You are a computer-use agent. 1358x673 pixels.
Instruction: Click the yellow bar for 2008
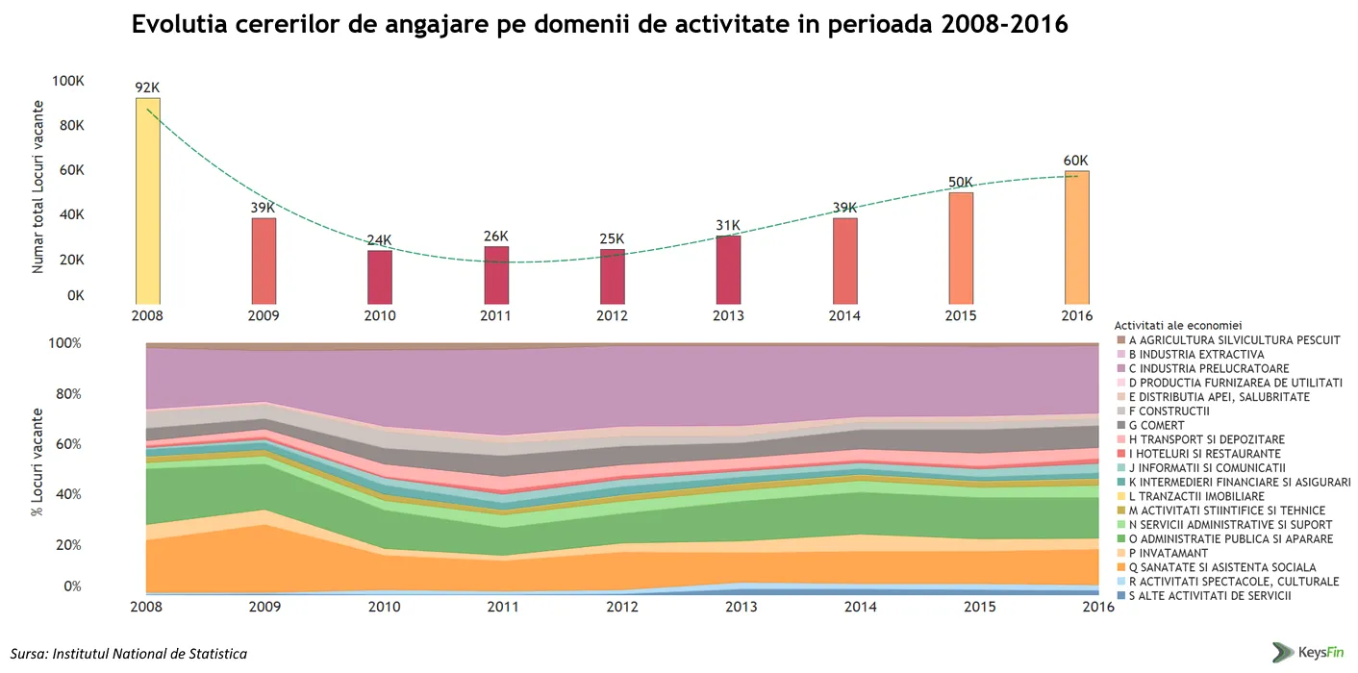pyautogui.click(x=148, y=200)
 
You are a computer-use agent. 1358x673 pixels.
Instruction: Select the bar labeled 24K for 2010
pyautogui.click(x=380, y=276)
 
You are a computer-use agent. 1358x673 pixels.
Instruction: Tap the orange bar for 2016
pyautogui.click(x=1076, y=237)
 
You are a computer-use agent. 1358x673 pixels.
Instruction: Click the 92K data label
pyautogui.click(x=147, y=87)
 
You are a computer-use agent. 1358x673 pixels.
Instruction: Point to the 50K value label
pyautogui.click(x=960, y=183)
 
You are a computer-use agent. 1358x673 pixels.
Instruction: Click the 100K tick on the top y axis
pyautogui.click(x=67, y=82)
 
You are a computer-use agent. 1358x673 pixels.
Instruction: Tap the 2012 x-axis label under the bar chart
pyautogui.click(x=613, y=316)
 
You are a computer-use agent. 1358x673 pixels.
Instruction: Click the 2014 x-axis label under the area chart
pyautogui.click(x=860, y=607)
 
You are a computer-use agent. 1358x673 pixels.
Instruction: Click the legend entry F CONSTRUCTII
pyautogui.click(x=1169, y=411)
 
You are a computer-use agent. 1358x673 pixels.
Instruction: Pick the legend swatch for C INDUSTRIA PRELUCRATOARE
pyautogui.click(x=1120, y=368)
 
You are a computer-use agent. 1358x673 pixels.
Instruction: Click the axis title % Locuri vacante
pyautogui.click(x=37, y=461)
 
